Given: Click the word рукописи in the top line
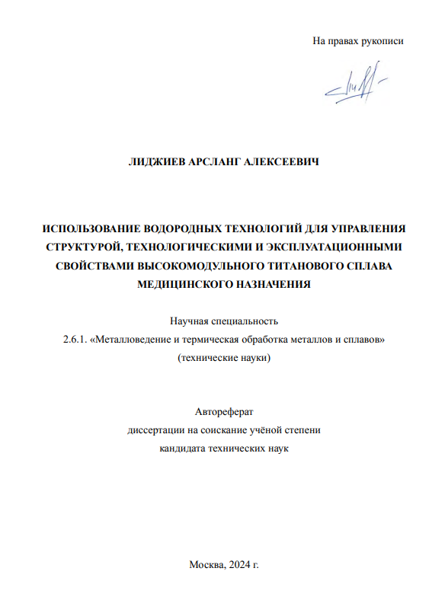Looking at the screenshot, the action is click(382, 41).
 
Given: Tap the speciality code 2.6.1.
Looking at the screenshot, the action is click(75, 340).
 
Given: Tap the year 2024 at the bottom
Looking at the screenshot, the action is click(241, 563).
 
